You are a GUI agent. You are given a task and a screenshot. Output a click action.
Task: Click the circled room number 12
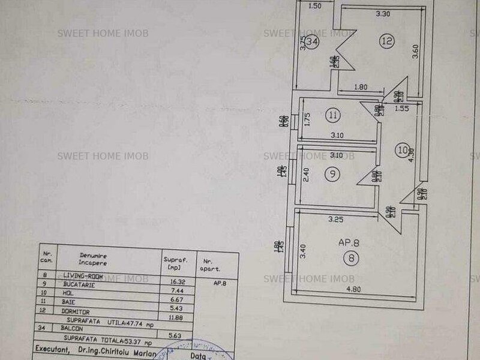coord(386,41)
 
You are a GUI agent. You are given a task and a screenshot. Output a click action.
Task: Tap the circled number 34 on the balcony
coord(311,42)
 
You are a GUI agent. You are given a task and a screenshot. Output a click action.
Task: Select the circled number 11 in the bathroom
coord(334,113)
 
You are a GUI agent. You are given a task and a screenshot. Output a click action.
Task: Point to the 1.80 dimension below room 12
coord(360,87)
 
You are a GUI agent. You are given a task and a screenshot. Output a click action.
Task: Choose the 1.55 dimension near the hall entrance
coord(401,109)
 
